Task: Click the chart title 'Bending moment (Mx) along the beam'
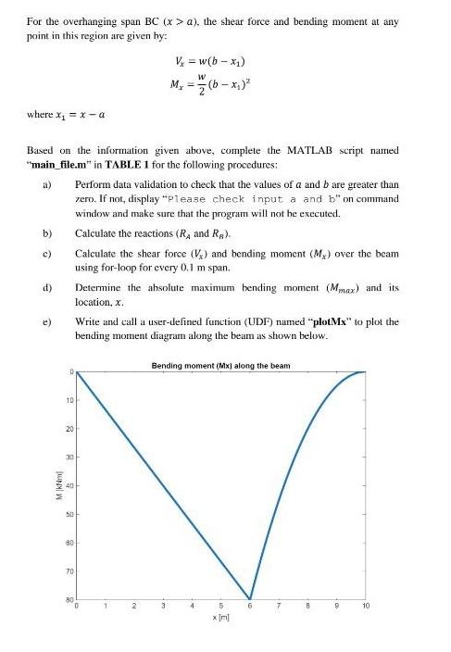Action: click(219, 366)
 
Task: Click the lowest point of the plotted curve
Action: click(250, 598)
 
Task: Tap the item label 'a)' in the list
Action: click(44, 185)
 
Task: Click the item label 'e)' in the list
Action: click(44, 320)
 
